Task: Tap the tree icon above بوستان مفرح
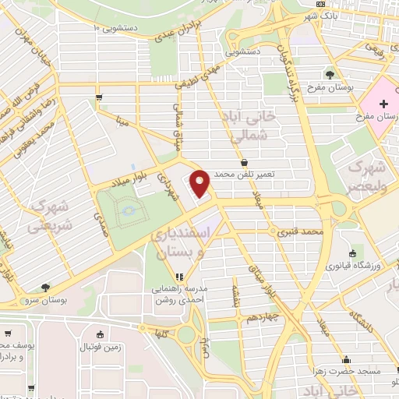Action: coord(331,76)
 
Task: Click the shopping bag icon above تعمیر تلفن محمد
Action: coord(245,164)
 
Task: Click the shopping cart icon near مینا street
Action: coord(99,97)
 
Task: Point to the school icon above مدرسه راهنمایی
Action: coord(180,276)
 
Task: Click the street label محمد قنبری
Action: coord(302,231)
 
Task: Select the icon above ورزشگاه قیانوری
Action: coord(352,254)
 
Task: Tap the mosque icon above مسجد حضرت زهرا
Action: coord(346,360)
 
